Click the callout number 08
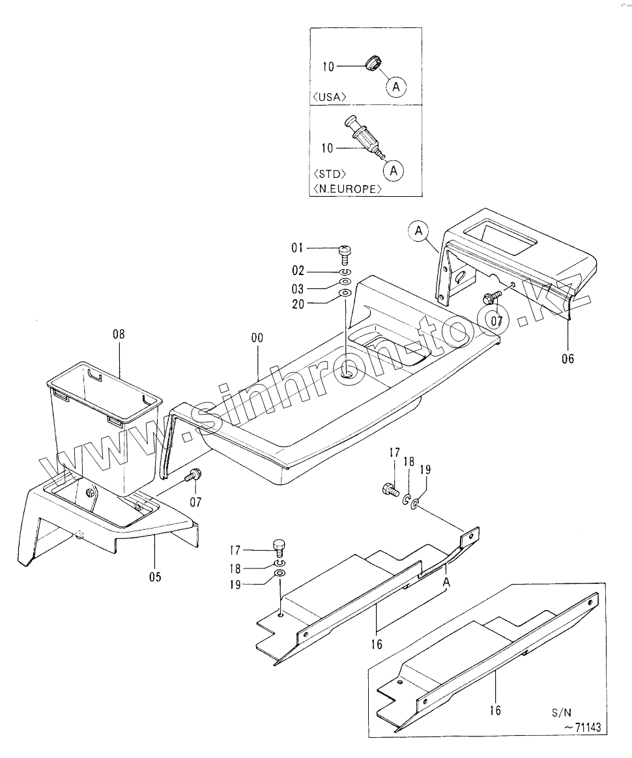coord(118,334)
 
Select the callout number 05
coord(154,576)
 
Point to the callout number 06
coord(567,358)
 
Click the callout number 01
coord(298,248)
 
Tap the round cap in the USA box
coord(372,64)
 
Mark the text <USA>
coord(330,96)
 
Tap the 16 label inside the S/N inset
coord(495,710)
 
